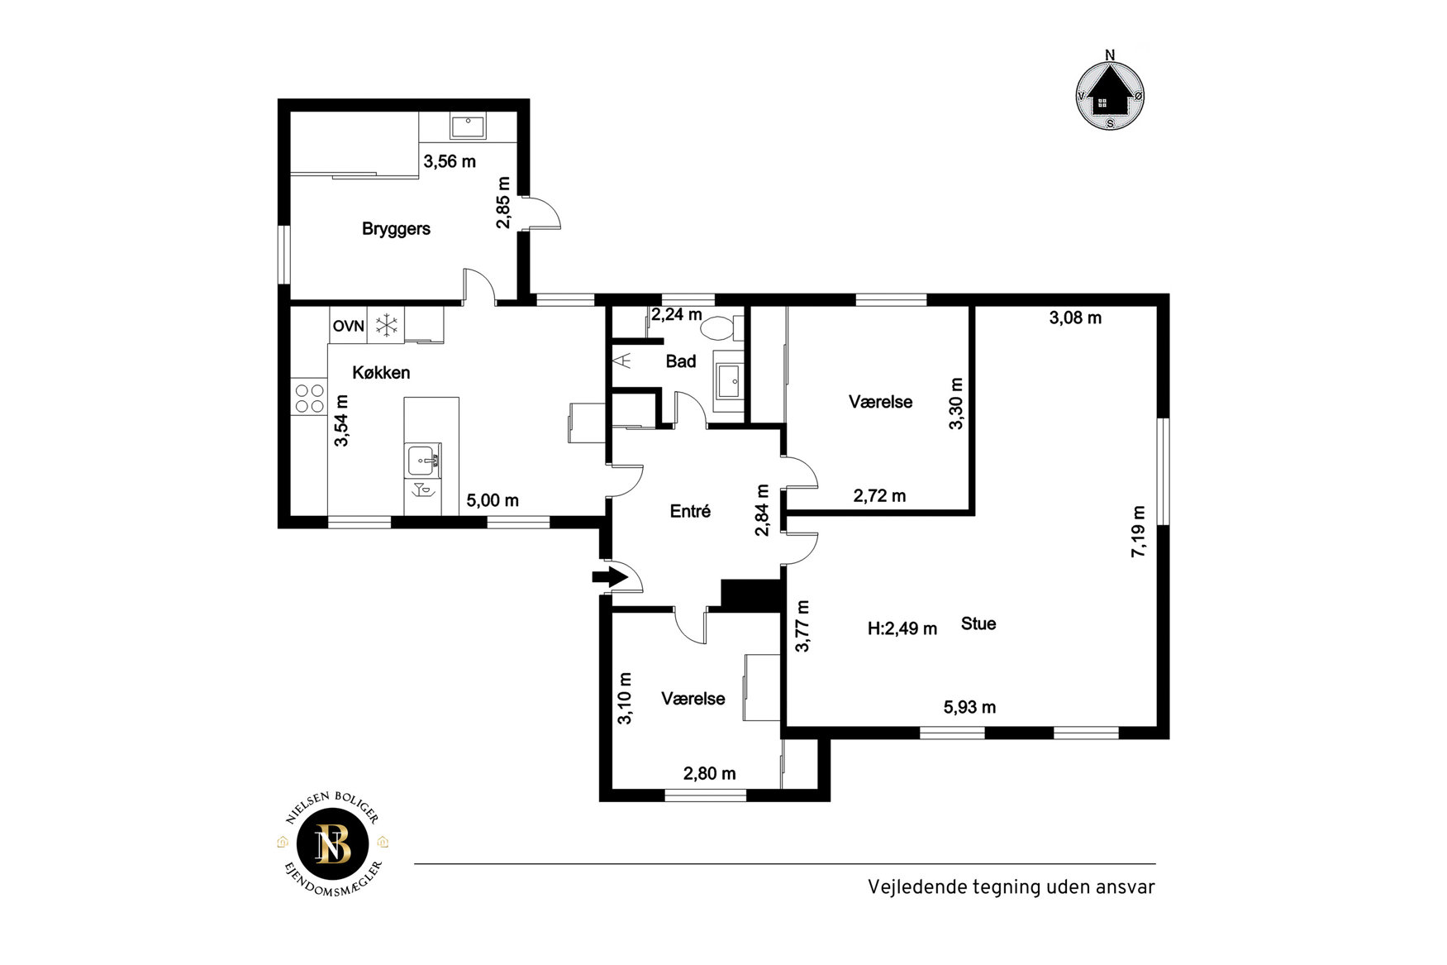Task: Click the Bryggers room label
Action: click(396, 229)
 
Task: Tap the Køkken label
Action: click(381, 373)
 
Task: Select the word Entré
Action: click(690, 512)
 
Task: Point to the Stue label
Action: click(978, 624)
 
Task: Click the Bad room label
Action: click(681, 361)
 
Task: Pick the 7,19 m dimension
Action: click(1139, 531)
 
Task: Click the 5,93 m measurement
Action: click(969, 708)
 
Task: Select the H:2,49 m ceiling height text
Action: click(902, 629)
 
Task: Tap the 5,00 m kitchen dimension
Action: click(493, 501)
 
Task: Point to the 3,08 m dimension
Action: click(1075, 318)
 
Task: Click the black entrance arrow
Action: click(610, 576)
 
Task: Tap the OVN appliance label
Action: click(348, 327)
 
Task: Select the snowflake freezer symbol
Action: click(386, 326)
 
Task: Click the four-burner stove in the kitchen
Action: click(309, 399)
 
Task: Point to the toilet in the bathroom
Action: click(716, 327)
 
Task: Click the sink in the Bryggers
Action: click(468, 127)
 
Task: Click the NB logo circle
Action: click(333, 845)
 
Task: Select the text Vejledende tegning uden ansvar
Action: click(1011, 887)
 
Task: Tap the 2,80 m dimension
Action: click(709, 774)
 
